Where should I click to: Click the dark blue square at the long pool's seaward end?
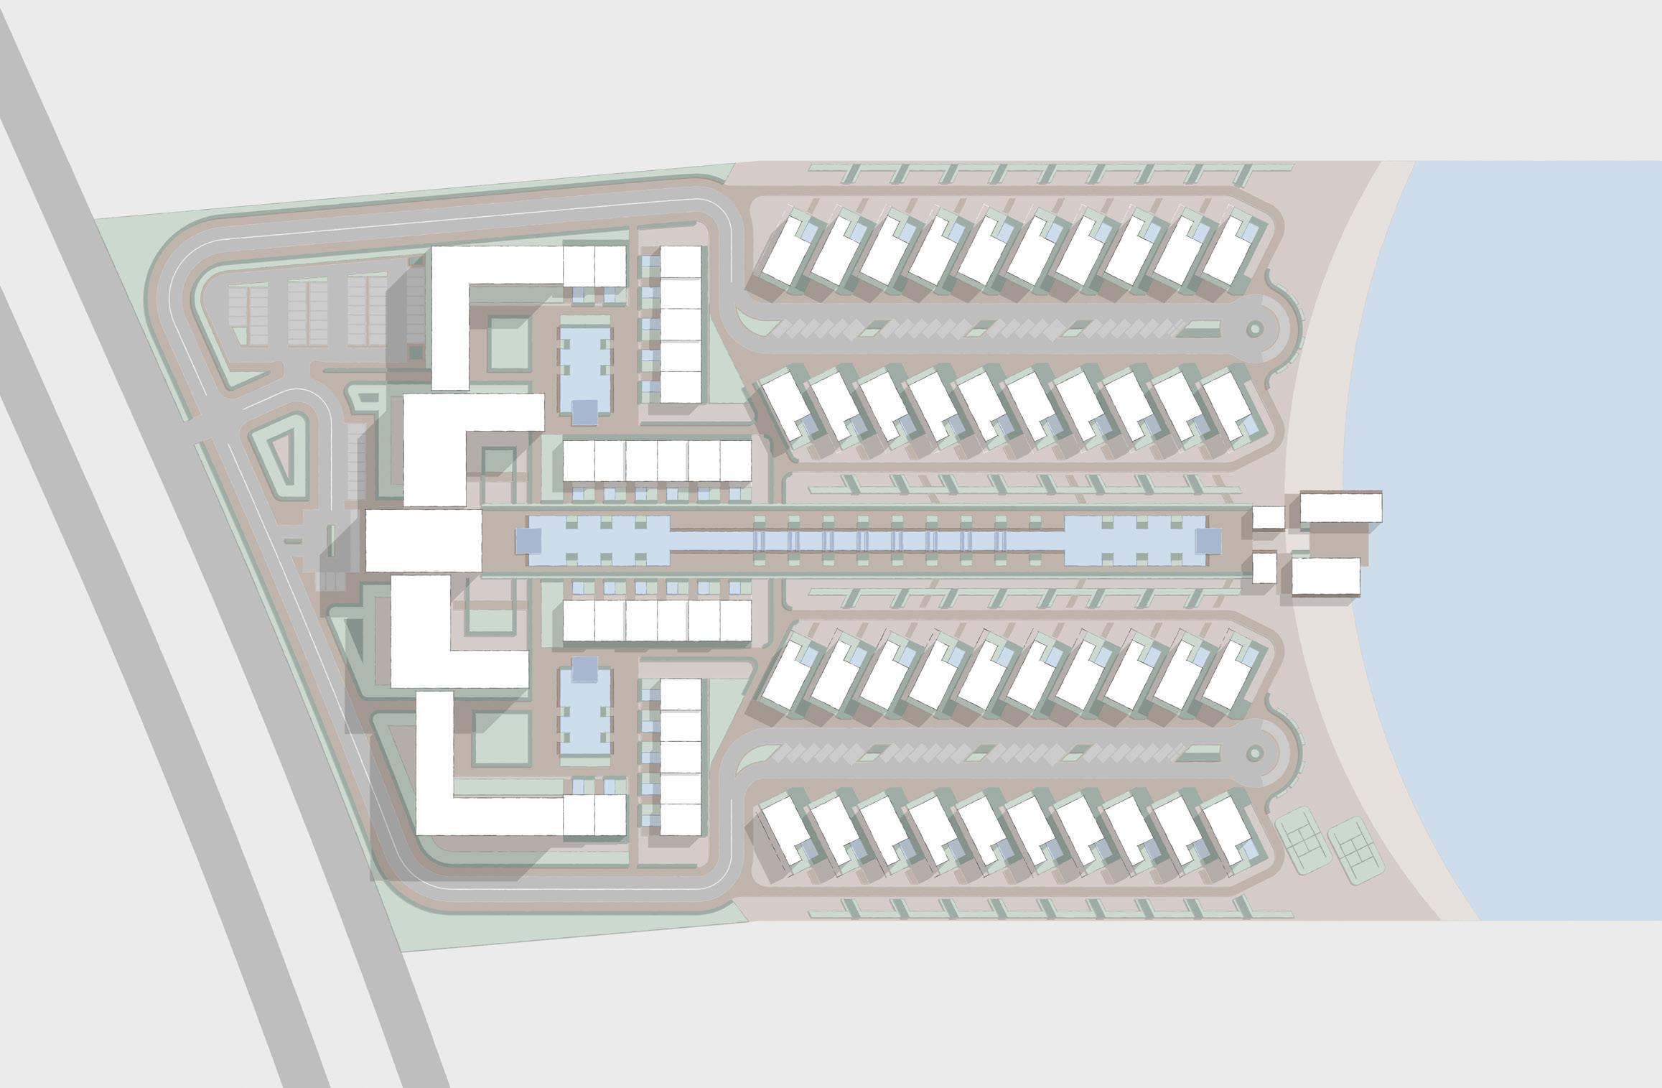[1208, 540]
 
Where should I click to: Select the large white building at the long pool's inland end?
[422, 540]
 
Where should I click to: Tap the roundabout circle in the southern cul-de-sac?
[1254, 753]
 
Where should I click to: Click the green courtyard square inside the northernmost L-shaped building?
[507, 340]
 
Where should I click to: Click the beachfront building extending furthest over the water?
[1340, 507]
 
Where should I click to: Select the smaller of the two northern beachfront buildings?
[1269, 517]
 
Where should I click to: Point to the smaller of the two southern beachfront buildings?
[1264, 567]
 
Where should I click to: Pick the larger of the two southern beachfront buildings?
[1325, 576]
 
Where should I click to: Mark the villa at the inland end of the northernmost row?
[788, 248]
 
